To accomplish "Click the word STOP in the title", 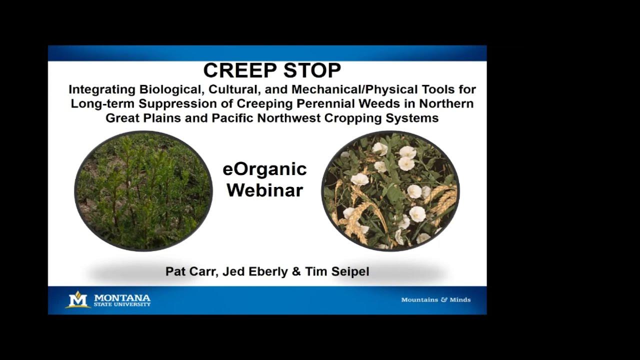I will pyautogui.click(x=312, y=70).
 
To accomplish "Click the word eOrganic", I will pyautogui.click(x=264, y=169).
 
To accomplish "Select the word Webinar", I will pyautogui.click(x=264, y=190).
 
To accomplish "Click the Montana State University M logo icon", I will pyautogui.click(x=78, y=299).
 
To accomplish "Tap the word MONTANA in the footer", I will pyautogui.click(x=122, y=297).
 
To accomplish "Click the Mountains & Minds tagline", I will pyautogui.click(x=435, y=300).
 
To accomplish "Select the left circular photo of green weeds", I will pyautogui.click(x=143, y=190).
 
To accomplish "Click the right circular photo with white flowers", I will pyautogui.click(x=390, y=190).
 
